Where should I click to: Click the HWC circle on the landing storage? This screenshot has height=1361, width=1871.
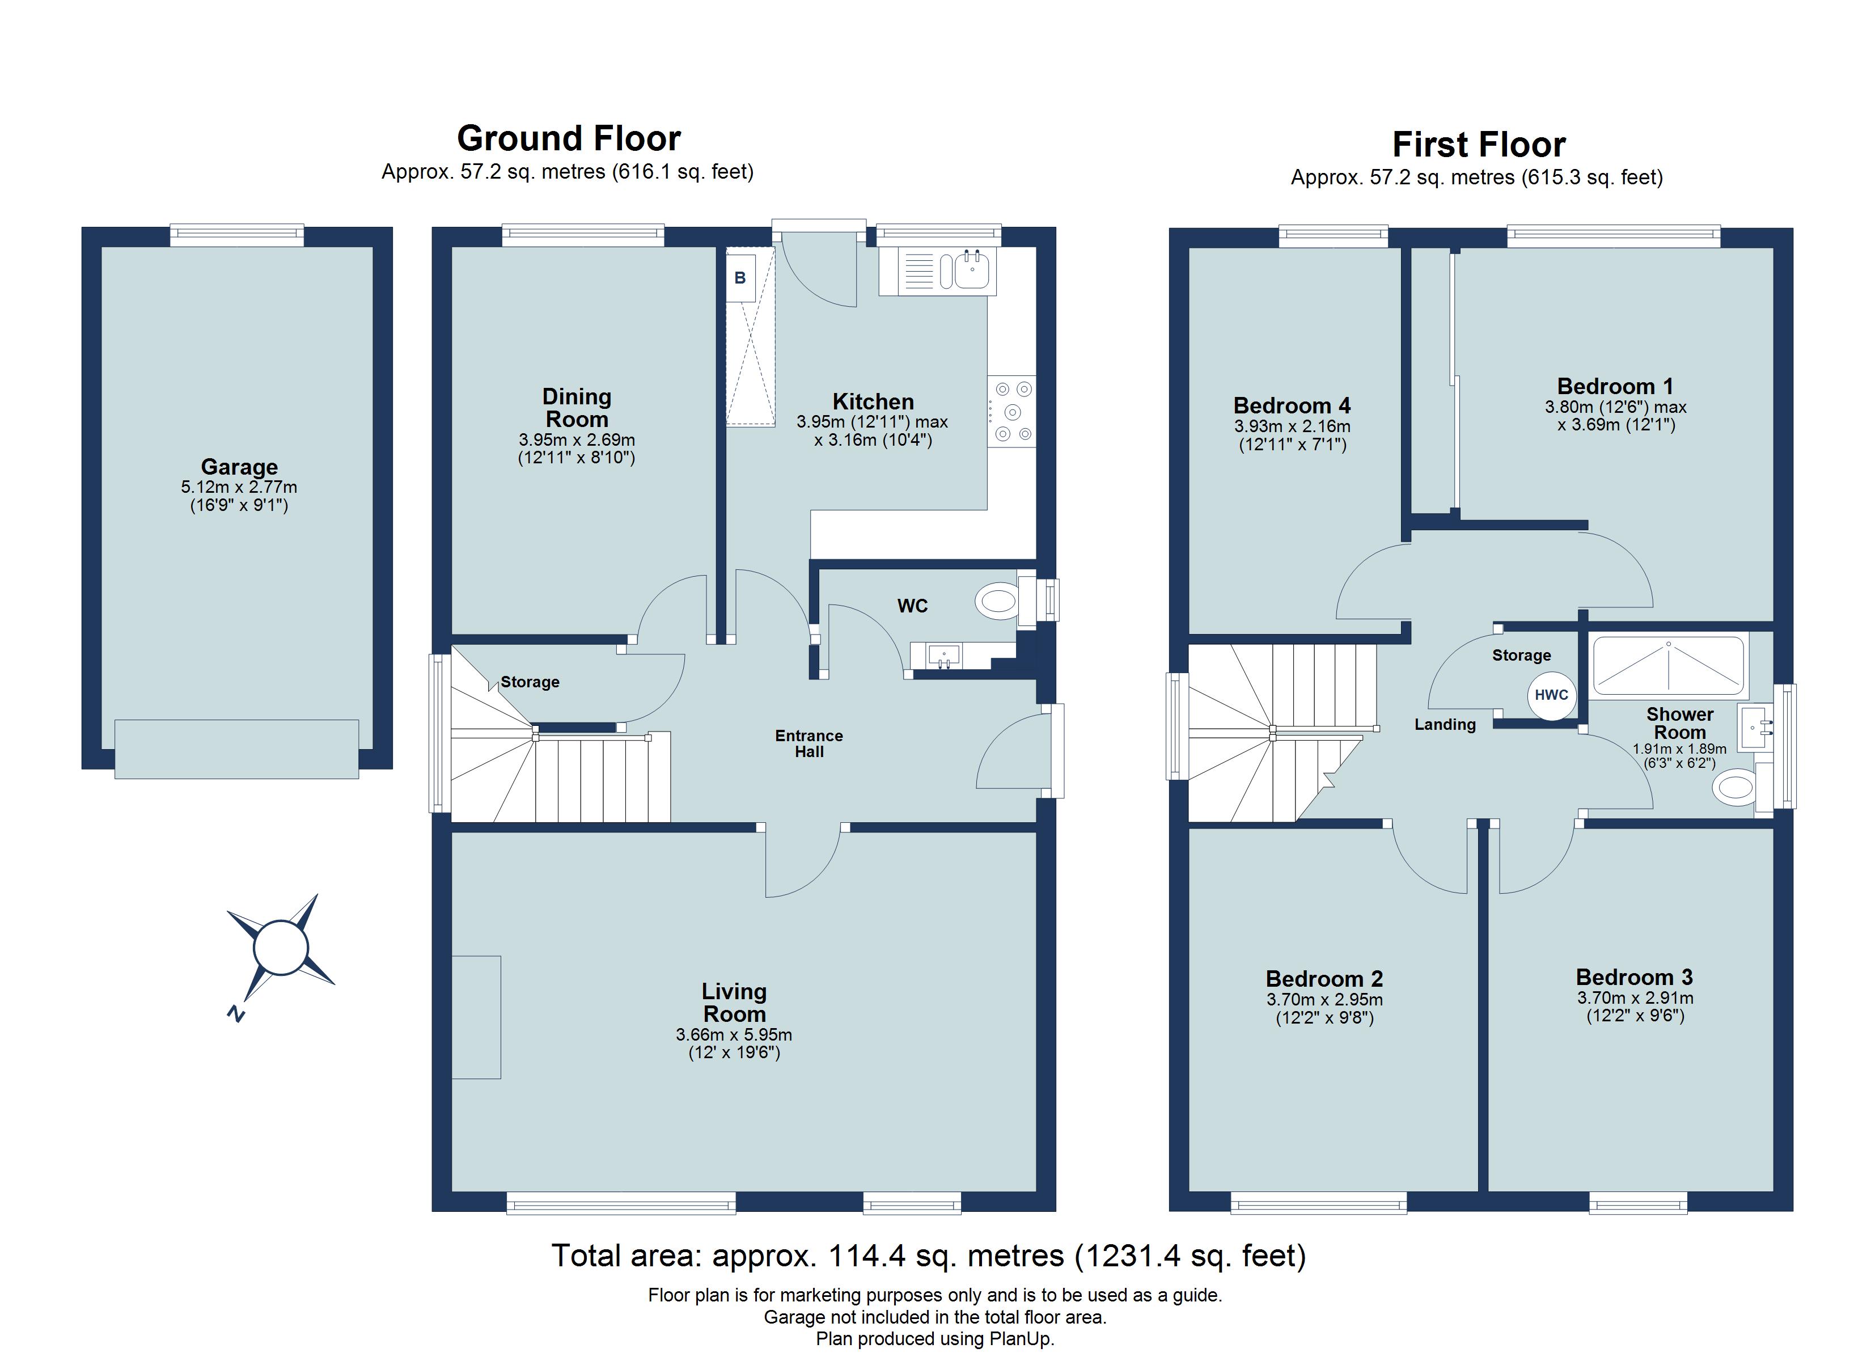[x=1551, y=695]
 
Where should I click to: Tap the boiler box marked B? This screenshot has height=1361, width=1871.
[x=740, y=278]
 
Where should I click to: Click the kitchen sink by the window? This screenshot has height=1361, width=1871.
[x=973, y=270]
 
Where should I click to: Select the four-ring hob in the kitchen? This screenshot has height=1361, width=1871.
[x=1011, y=412]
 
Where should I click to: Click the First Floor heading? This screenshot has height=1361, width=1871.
[x=1478, y=145]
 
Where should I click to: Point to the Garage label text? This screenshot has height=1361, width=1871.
[x=239, y=467]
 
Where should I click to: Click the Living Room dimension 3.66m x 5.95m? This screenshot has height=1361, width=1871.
[x=734, y=1035]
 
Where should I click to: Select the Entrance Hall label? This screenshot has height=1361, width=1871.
[x=808, y=743]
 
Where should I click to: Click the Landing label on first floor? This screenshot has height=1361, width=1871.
[x=1445, y=725]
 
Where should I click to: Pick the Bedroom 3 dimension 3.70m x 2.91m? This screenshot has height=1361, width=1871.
[x=1635, y=998]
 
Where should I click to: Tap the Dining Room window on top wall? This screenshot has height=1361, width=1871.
[x=582, y=235]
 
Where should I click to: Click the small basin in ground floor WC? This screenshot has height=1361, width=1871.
[x=943, y=656]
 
